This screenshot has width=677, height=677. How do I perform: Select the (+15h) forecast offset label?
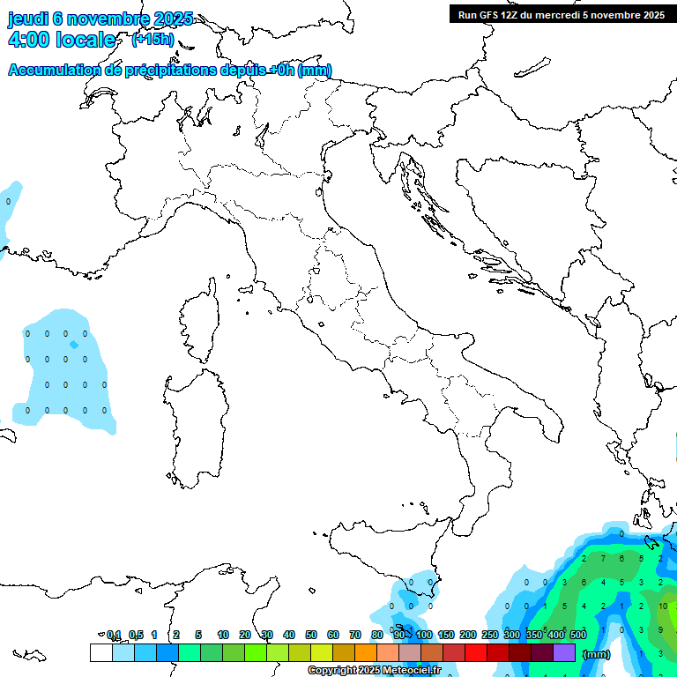pyautogui.click(x=153, y=40)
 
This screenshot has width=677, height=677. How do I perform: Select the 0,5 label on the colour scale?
pyautogui.click(x=136, y=635)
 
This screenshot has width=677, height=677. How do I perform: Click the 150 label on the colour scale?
pyautogui.click(x=446, y=635)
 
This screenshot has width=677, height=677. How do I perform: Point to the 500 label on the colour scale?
pyautogui.click(x=578, y=635)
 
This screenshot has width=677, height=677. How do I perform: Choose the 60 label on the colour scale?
pyautogui.click(x=334, y=635)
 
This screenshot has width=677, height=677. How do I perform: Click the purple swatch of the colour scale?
pyautogui.click(x=564, y=652)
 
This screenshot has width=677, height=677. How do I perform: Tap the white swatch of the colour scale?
pyautogui.click(x=100, y=652)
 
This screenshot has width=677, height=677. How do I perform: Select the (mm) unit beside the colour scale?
pyautogui.click(x=597, y=654)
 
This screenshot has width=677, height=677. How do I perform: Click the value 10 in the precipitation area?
pyautogui.click(x=663, y=606)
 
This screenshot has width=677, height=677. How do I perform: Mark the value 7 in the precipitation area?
pyautogui.click(x=603, y=558)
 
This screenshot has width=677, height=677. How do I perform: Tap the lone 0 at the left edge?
pyautogui.click(x=8, y=202)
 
